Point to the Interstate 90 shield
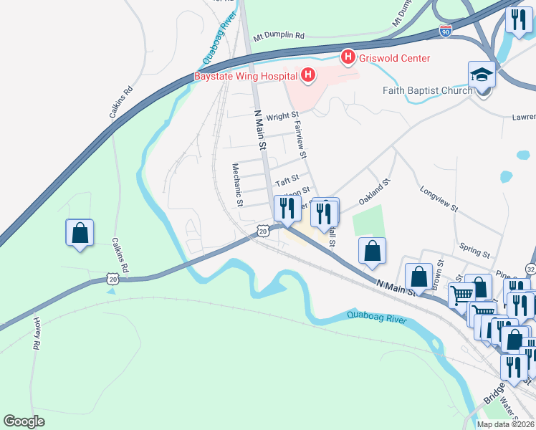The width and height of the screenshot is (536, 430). click(446, 31)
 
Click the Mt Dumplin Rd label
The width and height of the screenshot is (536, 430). click(279, 35)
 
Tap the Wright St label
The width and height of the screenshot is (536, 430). click(282, 115)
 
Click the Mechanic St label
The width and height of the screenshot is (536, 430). click(237, 184)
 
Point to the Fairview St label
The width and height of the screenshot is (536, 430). click(300, 139)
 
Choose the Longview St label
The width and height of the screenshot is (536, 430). click(439, 200)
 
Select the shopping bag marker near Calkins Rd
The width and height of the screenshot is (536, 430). click(79, 233)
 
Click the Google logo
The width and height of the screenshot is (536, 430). click(24, 421)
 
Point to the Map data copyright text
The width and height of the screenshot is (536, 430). click(505, 424)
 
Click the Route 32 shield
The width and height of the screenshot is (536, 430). click(530, 268)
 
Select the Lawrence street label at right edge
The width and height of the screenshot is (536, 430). click(523, 116)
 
